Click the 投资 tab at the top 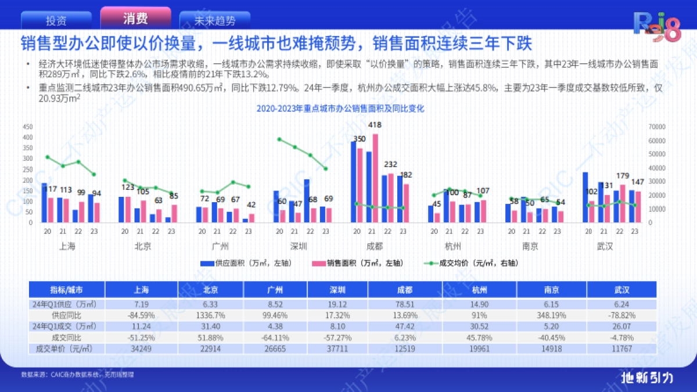tap(56, 20)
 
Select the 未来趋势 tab tap(215, 21)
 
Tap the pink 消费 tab tap(135, 19)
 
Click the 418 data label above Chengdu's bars tap(375, 125)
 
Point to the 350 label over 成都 tap(359, 139)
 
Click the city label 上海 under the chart tap(67, 246)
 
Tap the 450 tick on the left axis tap(28, 127)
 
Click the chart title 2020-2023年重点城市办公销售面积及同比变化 tap(341, 109)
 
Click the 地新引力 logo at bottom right tap(647, 377)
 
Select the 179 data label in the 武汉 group tap(623, 176)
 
